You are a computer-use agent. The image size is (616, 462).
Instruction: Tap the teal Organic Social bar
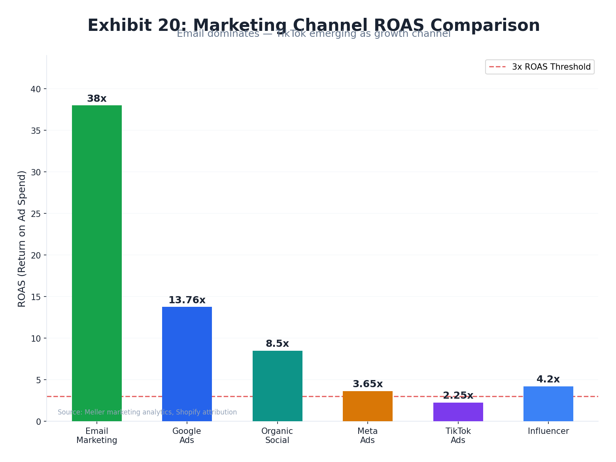coord(277,386)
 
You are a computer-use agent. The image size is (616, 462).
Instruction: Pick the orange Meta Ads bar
coord(367,406)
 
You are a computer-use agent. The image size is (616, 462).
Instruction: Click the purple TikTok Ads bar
coord(458,412)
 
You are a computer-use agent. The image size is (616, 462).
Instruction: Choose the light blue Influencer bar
coord(548,403)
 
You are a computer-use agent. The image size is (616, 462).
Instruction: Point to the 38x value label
coord(96,99)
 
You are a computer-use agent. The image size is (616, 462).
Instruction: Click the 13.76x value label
coord(187,300)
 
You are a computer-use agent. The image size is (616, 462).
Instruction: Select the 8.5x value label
coord(277,344)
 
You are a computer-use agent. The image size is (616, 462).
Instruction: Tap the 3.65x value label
coord(367,384)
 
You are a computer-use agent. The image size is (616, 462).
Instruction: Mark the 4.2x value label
coord(548,380)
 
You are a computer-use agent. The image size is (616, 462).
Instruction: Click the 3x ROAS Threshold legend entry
coord(540,67)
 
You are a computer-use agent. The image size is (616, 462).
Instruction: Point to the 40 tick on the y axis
coord(36,89)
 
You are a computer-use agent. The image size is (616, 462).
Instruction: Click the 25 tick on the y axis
coord(36,214)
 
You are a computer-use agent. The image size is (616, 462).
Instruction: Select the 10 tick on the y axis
coord(36,338)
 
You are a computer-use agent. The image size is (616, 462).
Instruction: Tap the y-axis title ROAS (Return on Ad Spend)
coord(22,238)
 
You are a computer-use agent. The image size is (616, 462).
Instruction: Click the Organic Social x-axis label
coord(277,436)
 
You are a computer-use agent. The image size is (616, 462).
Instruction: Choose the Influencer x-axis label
coord(548,432)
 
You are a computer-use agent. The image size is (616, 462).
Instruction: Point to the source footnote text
coord(147,413)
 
